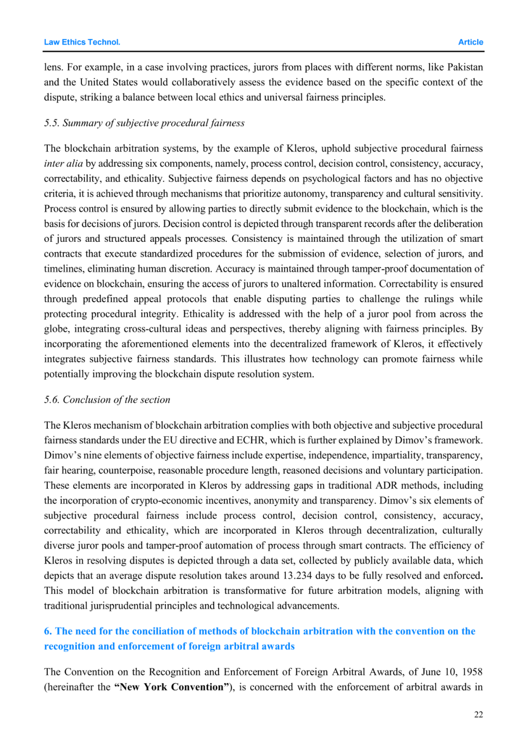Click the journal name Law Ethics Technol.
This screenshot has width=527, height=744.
[x=82, y=42]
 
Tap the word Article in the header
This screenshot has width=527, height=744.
[x=470, y=42]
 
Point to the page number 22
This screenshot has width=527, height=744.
[x=478, y=714]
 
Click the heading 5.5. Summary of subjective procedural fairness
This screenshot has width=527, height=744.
[x=144, y=123]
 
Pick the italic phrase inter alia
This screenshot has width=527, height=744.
[x=63, y=163]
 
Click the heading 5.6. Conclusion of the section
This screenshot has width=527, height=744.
[x=107, y=400]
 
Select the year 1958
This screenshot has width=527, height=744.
[x=472, y=672]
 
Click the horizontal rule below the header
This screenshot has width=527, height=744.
[x=263, y=51]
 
